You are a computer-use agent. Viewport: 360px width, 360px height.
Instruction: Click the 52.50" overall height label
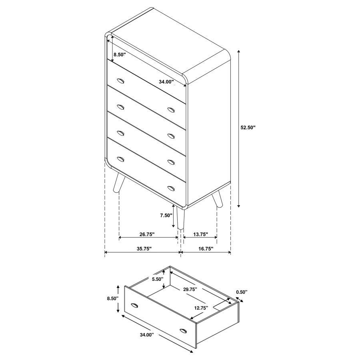tap(248, 128)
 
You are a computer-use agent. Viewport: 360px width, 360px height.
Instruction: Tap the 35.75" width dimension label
tap(144, 248)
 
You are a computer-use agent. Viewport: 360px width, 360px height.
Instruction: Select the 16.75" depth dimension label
tap(206, 248)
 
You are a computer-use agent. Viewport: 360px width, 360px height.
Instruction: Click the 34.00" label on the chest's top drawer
tap(166, 82)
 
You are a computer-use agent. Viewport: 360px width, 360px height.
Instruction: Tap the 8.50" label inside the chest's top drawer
tap(120, 54)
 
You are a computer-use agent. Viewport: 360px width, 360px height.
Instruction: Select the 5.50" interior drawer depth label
tap(157, 280)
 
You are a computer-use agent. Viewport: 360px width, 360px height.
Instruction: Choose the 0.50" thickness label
tap(242, 292)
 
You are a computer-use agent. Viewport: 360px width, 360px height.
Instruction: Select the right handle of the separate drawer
tap(184, 330)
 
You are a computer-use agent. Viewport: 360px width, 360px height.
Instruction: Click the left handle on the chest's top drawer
tap(121, 81)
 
